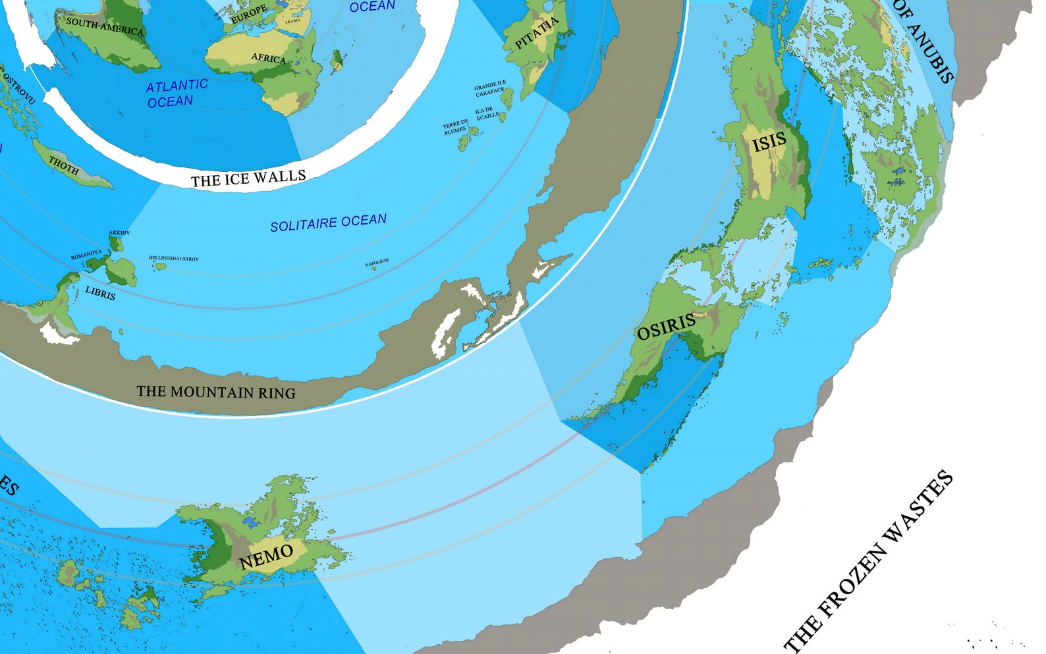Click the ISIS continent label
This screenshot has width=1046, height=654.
tap(769, 141)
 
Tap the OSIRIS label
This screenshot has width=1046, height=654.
tap(666, 325)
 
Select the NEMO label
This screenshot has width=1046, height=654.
tap(266, 557)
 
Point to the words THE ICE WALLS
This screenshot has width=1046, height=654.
tap(248, 178)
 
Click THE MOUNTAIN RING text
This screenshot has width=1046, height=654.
tap(216, 392)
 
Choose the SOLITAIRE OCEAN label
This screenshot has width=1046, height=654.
tap(328, 222)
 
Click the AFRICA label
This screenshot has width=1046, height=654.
tap(269, 58)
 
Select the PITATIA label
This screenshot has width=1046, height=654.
tap(537, 34)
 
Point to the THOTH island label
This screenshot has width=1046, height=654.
tap(63, 166)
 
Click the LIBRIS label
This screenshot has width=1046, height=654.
tap(100, 293)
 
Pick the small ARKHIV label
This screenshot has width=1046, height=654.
tap(119, 232)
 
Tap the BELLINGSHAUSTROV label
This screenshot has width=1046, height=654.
tap(173, 259)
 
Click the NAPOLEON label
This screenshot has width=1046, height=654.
tap(377, 263)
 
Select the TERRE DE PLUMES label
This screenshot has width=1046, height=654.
tap(455, 126)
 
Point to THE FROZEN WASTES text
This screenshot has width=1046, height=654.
tap(869, 560)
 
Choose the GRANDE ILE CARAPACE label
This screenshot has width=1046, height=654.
tap(490, 89)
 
